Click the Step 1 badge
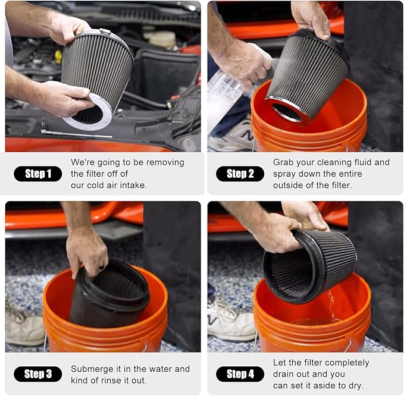coord(37,174)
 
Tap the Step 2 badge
coord(240,174)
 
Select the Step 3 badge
coord(37,374)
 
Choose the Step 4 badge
coord(240,374)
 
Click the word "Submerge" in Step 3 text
coord(92,369)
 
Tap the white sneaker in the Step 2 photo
coord(228,138)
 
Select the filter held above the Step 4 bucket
coord(309,265)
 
